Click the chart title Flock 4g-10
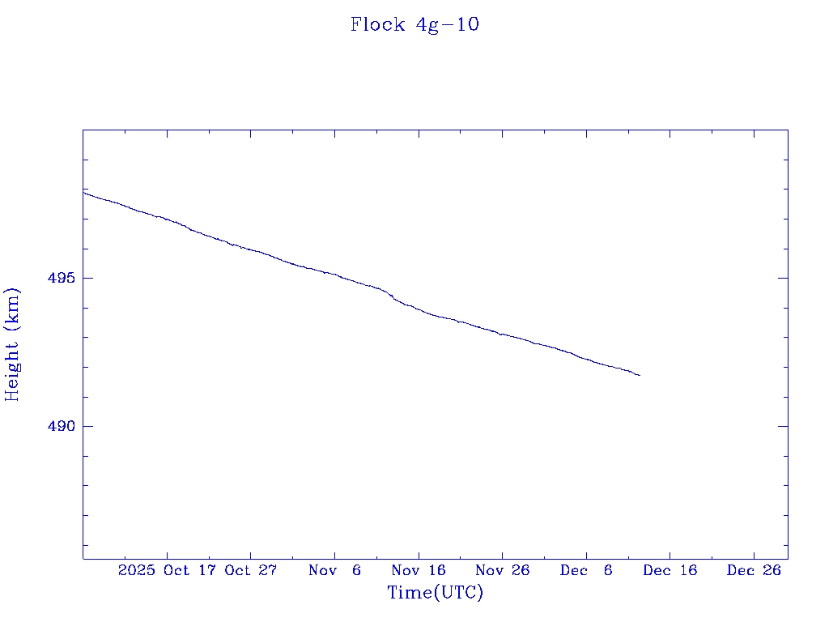click(x=414, y=25)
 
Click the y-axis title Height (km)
click(x=13, y=344)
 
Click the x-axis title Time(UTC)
click(x=435, y=593)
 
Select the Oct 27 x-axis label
click(x=251, y=570)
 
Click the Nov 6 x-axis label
click(x=334, y=570)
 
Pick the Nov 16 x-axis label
click(x=419, y=570)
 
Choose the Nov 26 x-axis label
click(x=502, y=570)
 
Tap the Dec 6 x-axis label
click(x=586, y=570)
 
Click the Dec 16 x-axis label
click(x=670, y=570)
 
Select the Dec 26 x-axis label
click(x=754, y=570)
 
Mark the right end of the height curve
click(x=640, y=375)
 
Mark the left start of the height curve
click(x=83, y=192)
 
